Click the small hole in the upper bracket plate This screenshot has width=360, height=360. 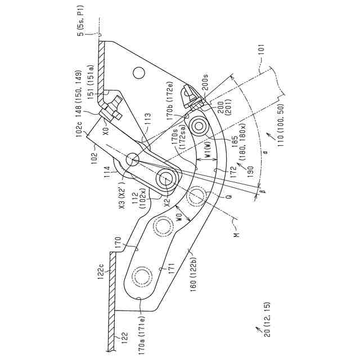click(x=138, y=73)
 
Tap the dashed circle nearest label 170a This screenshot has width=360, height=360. click(x=141, y=277)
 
